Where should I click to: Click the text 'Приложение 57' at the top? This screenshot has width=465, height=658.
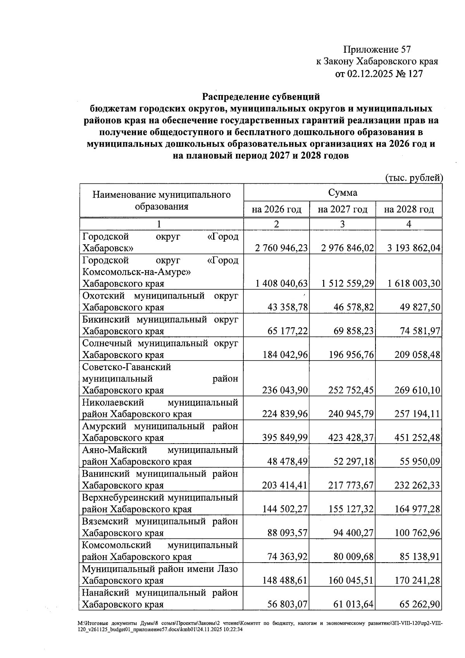point(377,49)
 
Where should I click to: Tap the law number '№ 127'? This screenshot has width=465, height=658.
point(409,73)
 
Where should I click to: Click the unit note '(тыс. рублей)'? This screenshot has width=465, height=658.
point(413,178)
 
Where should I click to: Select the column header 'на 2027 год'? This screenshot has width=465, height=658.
point(343,210)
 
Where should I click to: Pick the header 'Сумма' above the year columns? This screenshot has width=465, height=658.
point(343,192)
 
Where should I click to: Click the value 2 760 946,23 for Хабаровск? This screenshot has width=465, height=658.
point(281,248)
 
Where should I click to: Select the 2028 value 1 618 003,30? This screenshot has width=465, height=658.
point(414,284)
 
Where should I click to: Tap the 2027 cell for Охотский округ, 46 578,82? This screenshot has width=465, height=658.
point(353,307)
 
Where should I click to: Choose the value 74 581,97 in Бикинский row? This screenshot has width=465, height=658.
point(420,331)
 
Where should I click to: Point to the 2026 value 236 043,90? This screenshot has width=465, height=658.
point(285,390)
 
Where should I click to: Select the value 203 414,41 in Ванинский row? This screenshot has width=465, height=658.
point(285,485)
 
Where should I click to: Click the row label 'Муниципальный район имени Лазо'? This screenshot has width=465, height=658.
point(160,569)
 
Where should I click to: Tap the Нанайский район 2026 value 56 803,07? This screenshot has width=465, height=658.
point(287,604)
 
